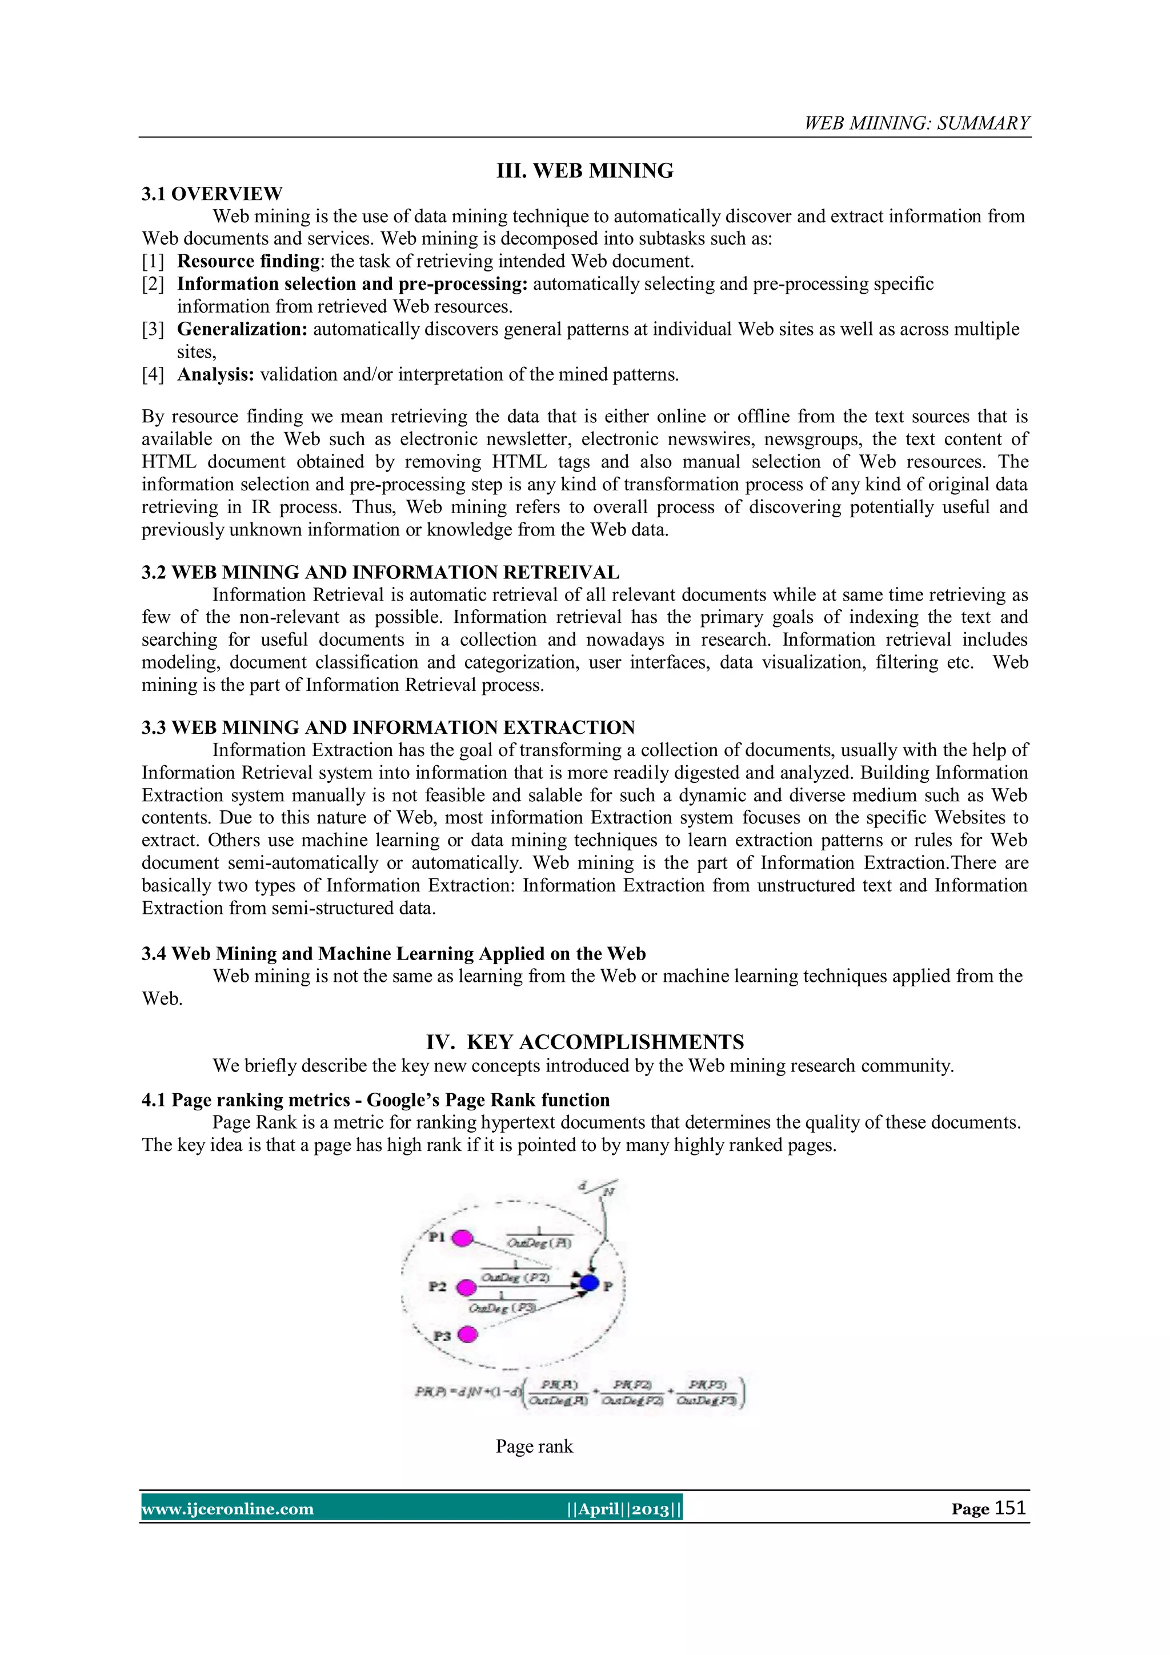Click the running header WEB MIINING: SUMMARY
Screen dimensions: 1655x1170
click(916, 123)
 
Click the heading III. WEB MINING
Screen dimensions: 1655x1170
click(584, 171)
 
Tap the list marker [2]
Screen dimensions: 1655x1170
click(153, 284)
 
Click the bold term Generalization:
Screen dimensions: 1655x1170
click(243, 329)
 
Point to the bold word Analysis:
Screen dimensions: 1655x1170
click(215, 375)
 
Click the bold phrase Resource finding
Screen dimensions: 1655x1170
click(248, 261)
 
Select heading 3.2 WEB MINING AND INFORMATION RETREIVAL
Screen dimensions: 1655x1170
click(380, 572)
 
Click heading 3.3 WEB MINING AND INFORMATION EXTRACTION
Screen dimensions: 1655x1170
click(387, 727)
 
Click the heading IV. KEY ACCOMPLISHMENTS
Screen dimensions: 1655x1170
click(584, 1042)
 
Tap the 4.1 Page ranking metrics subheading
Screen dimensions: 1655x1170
click(375, 1100)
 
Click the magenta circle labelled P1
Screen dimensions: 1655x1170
click(462, 1238)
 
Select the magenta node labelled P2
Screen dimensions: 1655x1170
click(466, 1286)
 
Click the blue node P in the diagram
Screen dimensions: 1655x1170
click(590, 1283)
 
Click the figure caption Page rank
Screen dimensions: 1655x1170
click(534, 1446)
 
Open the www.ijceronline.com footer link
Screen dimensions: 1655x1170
click(228, 1509)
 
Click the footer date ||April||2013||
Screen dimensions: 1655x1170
click(624, 1509)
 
